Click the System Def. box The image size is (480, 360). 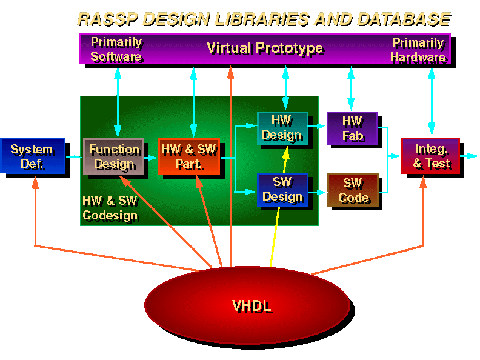point(32,156)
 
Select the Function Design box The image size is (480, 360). point(113,156)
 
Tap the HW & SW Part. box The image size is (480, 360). point(188,156)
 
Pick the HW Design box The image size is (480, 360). point(282,127)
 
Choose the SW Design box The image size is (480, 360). point(282,190)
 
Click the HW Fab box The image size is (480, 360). point(352,128)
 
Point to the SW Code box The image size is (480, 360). point(352,190)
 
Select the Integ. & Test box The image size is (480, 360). point(431,156)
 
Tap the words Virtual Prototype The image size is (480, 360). point(264,48)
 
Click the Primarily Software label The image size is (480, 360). point(116,49)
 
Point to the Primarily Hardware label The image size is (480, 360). point(418,50)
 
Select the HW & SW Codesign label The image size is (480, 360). point(110,207)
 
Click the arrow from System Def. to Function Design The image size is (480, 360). point(73,156)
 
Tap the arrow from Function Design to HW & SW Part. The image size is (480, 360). point(150,157)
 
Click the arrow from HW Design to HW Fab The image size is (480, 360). point(317,127)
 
